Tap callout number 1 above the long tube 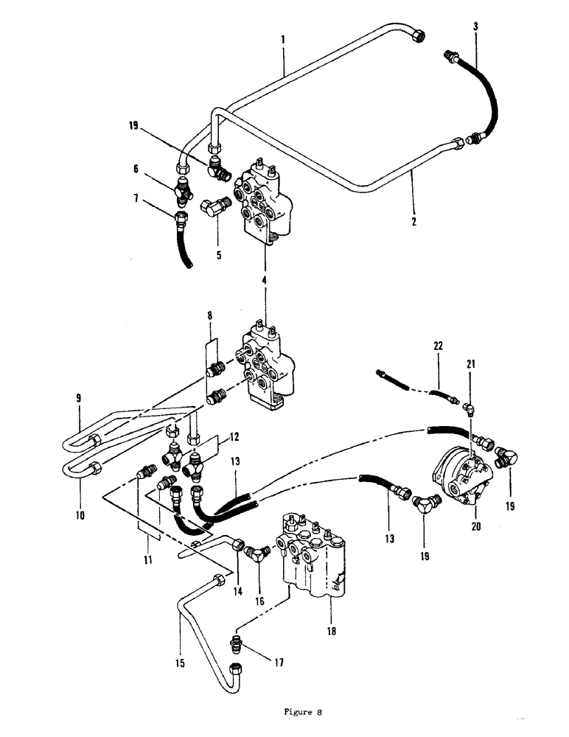284,38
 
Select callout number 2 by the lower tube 414,220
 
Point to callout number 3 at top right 475,26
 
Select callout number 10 80,516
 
